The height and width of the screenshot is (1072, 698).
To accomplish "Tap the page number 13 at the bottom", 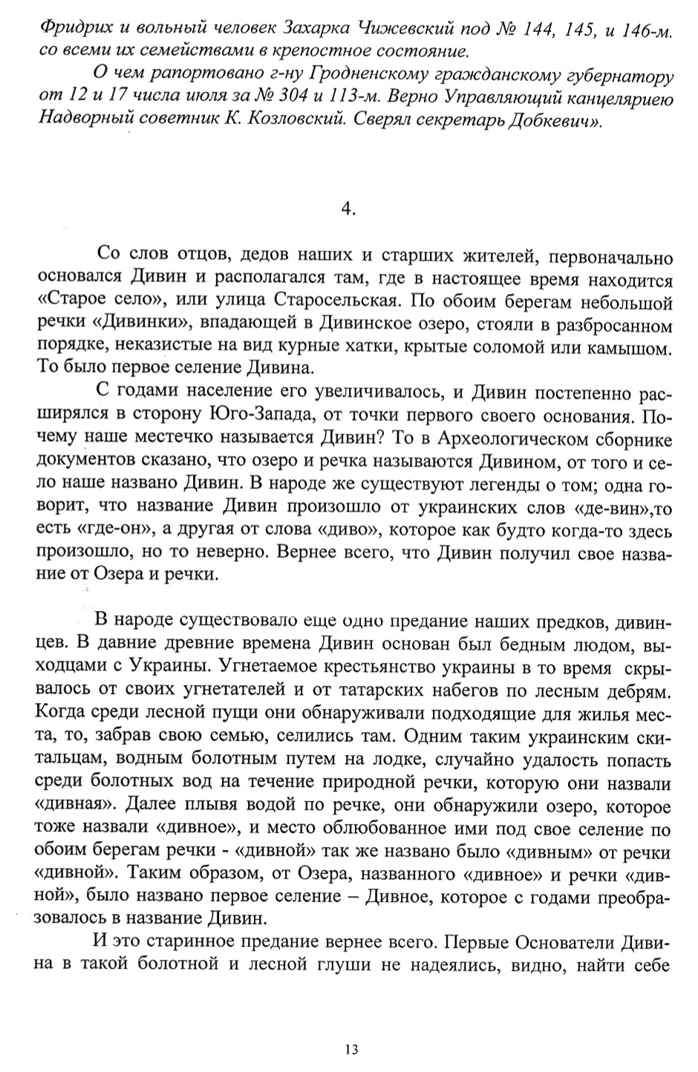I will [x=351, y=1049].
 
